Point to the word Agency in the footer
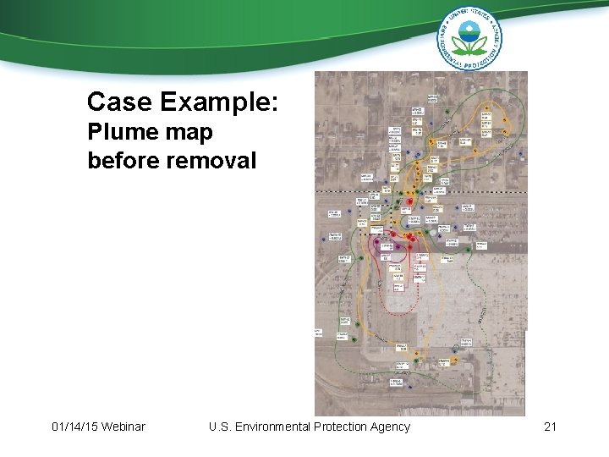(x=392, y=427)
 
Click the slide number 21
(x=550, y=427)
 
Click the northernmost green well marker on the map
(x=505, y=120)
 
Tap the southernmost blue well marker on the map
(x=409, y=387)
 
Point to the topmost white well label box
(x=432, y=99)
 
